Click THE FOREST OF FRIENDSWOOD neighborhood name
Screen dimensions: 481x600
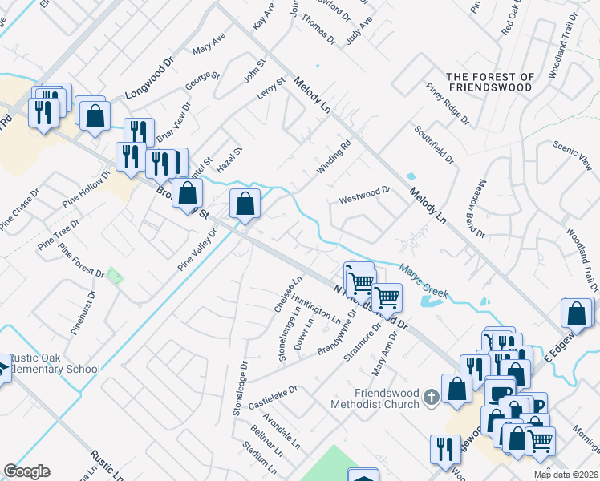[492, 81]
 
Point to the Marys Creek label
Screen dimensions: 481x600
[424, 281]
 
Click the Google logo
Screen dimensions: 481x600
[26, 471]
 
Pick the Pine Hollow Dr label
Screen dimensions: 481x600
[85, 189]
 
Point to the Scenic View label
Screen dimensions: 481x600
[573, 156]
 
